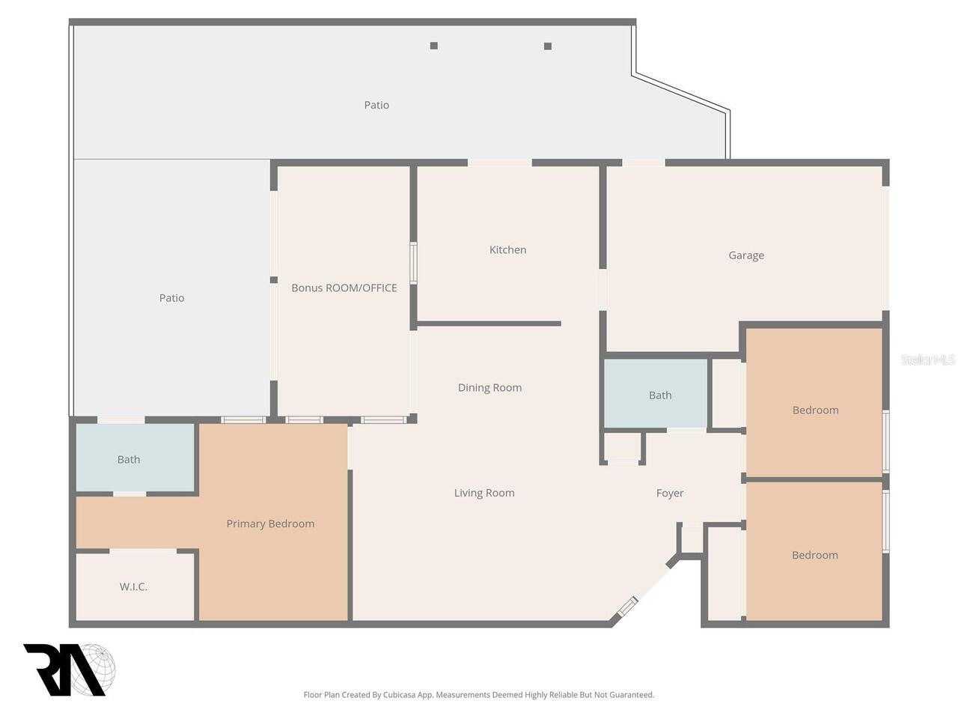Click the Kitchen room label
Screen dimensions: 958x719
pos(507,249)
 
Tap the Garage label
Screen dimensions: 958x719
pos(746,255)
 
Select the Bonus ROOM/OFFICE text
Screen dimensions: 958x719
pos(344,288)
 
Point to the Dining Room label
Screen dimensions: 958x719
pos(489,388)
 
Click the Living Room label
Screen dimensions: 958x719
pos(484,493)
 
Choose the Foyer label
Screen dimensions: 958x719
pos(670,494)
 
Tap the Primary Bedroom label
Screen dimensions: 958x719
pos(270,524)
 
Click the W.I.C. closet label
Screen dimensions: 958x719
pos(133,586)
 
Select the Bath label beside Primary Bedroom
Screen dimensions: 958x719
pos(129,459)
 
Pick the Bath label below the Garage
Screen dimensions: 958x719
pos(660,395)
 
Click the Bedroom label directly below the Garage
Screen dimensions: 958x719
pos(815,410)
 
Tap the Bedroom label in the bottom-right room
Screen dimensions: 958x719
pos(815,555)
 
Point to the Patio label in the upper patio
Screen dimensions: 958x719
pos(376,105)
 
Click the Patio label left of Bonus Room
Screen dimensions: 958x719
pos(171,298)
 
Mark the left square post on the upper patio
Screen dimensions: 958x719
pos(434,46)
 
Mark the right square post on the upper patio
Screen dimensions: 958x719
pos(548,46)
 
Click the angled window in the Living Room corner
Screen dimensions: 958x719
pos(627,607)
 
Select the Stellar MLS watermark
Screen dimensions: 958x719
pos(927,359)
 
